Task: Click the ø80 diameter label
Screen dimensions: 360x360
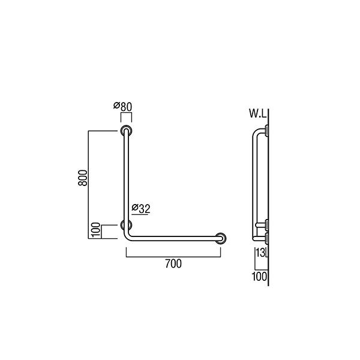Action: pyautogui.click(x=122, y=107)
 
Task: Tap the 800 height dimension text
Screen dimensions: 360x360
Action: pyautogui.click(x=83, y=178)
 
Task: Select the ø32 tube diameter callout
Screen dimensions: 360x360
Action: pyautogui.click(x=141, y=209)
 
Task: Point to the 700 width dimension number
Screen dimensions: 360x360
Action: pyautogui.click(x=173, y=263)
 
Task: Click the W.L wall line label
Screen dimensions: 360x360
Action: pyautogui.click(x=258, y=113)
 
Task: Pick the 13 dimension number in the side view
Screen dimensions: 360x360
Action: pyautogui.click(x=260, y=253)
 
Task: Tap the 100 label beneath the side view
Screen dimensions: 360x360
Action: pyautogui.click(x=259, y=277)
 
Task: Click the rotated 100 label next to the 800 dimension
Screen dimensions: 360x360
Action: pyautogui.click(x=96, y=230)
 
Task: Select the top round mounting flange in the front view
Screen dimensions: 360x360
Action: pyautogui.click(x=126, y=131)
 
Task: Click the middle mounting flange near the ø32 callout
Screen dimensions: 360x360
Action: pyautogui.click(x=126, y=225)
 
